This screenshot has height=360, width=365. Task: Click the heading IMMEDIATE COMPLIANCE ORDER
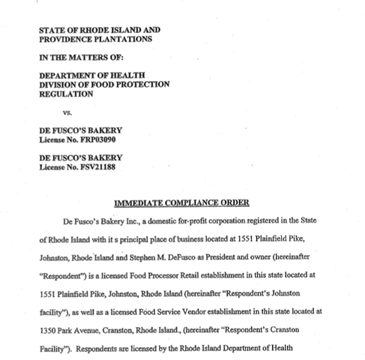click(x=182, y=203)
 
